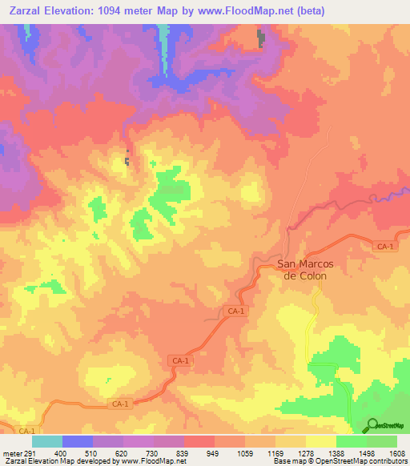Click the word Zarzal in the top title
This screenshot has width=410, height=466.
point(24,10)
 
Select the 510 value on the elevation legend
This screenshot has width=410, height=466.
point(93,453)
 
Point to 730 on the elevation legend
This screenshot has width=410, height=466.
point(153,453)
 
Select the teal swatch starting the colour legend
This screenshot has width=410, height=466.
point(47,441)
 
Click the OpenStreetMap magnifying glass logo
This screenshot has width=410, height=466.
point(372,424)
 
